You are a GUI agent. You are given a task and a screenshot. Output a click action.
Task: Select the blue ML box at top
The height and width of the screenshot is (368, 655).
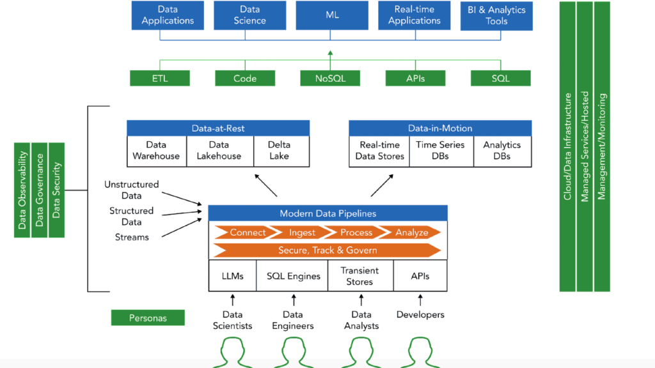point(331,15)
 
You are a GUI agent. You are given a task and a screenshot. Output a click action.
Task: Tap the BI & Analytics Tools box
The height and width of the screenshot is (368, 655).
point(496,15)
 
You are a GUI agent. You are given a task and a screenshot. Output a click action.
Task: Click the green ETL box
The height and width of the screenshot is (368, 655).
point(159,79)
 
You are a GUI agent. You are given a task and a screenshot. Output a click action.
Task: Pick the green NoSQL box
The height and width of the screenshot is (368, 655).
point(330,79)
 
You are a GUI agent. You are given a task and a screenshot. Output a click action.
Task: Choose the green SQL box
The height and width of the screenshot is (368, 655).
point(500,79)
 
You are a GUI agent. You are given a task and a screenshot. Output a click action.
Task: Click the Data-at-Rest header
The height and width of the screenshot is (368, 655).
point(218,128)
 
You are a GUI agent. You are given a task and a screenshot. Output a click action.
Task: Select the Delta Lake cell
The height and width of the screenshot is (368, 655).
point(279,151)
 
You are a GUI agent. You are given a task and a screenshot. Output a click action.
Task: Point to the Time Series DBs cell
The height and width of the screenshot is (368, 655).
point(441,151)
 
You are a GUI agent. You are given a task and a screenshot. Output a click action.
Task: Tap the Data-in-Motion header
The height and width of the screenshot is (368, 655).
point(440,128)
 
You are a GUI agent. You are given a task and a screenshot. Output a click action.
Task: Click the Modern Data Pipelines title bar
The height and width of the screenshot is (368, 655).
point(327,213)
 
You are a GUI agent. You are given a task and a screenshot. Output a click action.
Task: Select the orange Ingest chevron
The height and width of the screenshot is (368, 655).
point(302,232)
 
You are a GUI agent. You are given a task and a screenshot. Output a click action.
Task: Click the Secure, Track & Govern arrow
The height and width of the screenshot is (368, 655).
point(327,250)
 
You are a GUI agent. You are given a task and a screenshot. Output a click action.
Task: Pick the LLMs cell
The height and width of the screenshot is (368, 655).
point(233,276)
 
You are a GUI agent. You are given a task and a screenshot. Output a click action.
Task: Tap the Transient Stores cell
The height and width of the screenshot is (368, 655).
point(359,276)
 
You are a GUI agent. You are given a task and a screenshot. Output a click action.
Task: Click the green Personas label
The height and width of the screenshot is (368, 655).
point(148,318)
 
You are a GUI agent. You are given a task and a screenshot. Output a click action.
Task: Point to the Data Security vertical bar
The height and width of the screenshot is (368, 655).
point(57,190)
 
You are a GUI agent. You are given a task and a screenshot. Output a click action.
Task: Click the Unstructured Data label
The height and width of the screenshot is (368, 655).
point(131,190)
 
